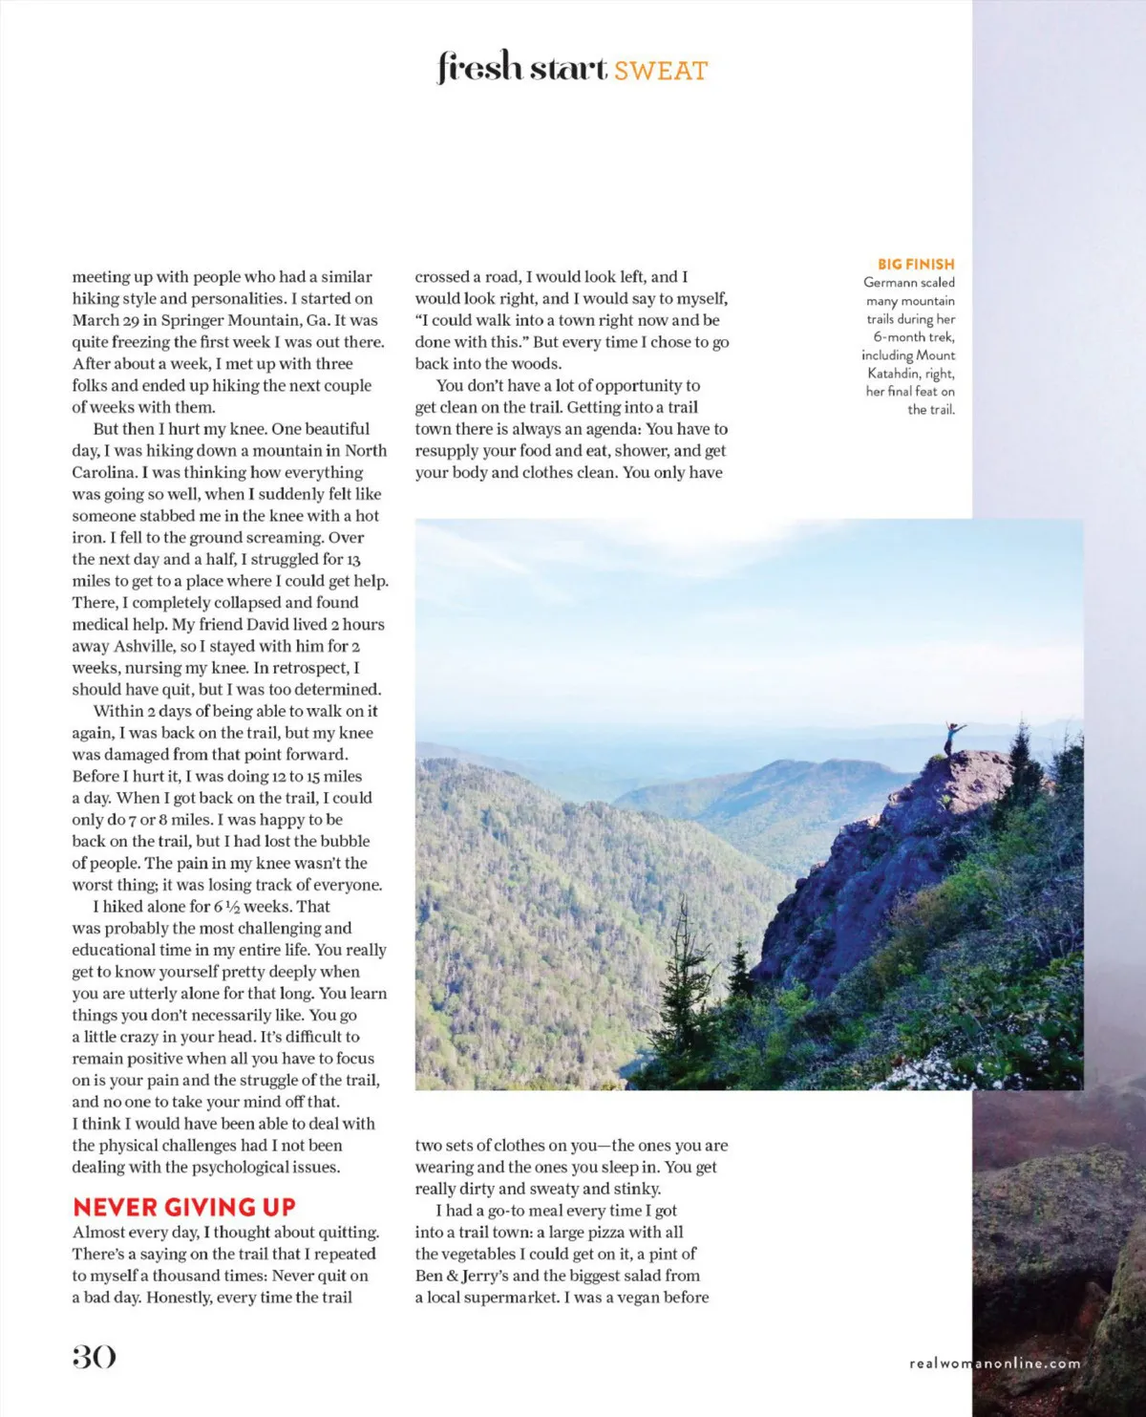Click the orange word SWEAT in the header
click(660, 71)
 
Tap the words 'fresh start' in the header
click(522, 69)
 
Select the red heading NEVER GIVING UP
click(184, 1207)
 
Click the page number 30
click(94, 1357)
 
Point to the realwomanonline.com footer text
click(995, 1363)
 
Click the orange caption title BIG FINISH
click(916, 264)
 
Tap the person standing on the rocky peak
click(951, 737)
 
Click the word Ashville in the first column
click(144, 646)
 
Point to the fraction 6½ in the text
click(226, 907)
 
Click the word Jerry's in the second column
click(486, 1276)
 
